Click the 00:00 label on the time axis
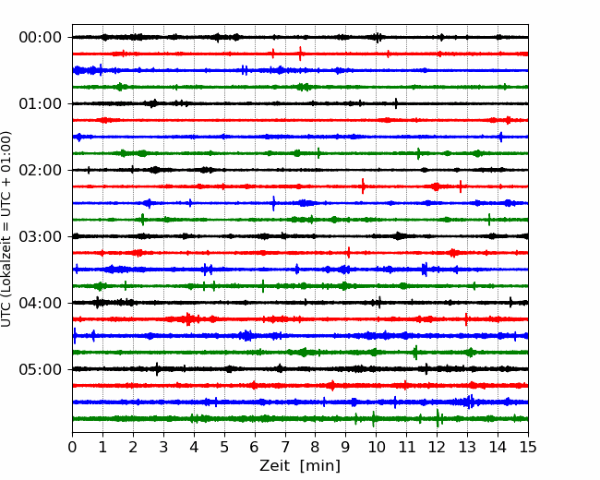[x=41, y=38]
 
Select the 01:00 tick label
[x=41, y=103]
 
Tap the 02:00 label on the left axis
[x=41, y=170]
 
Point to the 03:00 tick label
[x=41, y=236]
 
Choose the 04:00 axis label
[x=41, y=303]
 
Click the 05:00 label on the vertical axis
[x=41, y=369]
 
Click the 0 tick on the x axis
[x=72, y=447]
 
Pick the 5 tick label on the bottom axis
[x=224, y=447]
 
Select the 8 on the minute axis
[x=316, y=447]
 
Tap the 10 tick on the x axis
[x=376, y=447]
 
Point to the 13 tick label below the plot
[x=467, y=447]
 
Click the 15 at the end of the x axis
[x=528, y=447]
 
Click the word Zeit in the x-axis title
[x=275, y=465]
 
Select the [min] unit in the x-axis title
[x=320, y=466]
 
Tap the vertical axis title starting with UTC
[x=6, y=229]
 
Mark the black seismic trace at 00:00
[x=300, y=37]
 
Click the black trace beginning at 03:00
[x=300, y=236]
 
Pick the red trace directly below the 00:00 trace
[x=300, y=54]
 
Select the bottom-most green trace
[x=300, y=419]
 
